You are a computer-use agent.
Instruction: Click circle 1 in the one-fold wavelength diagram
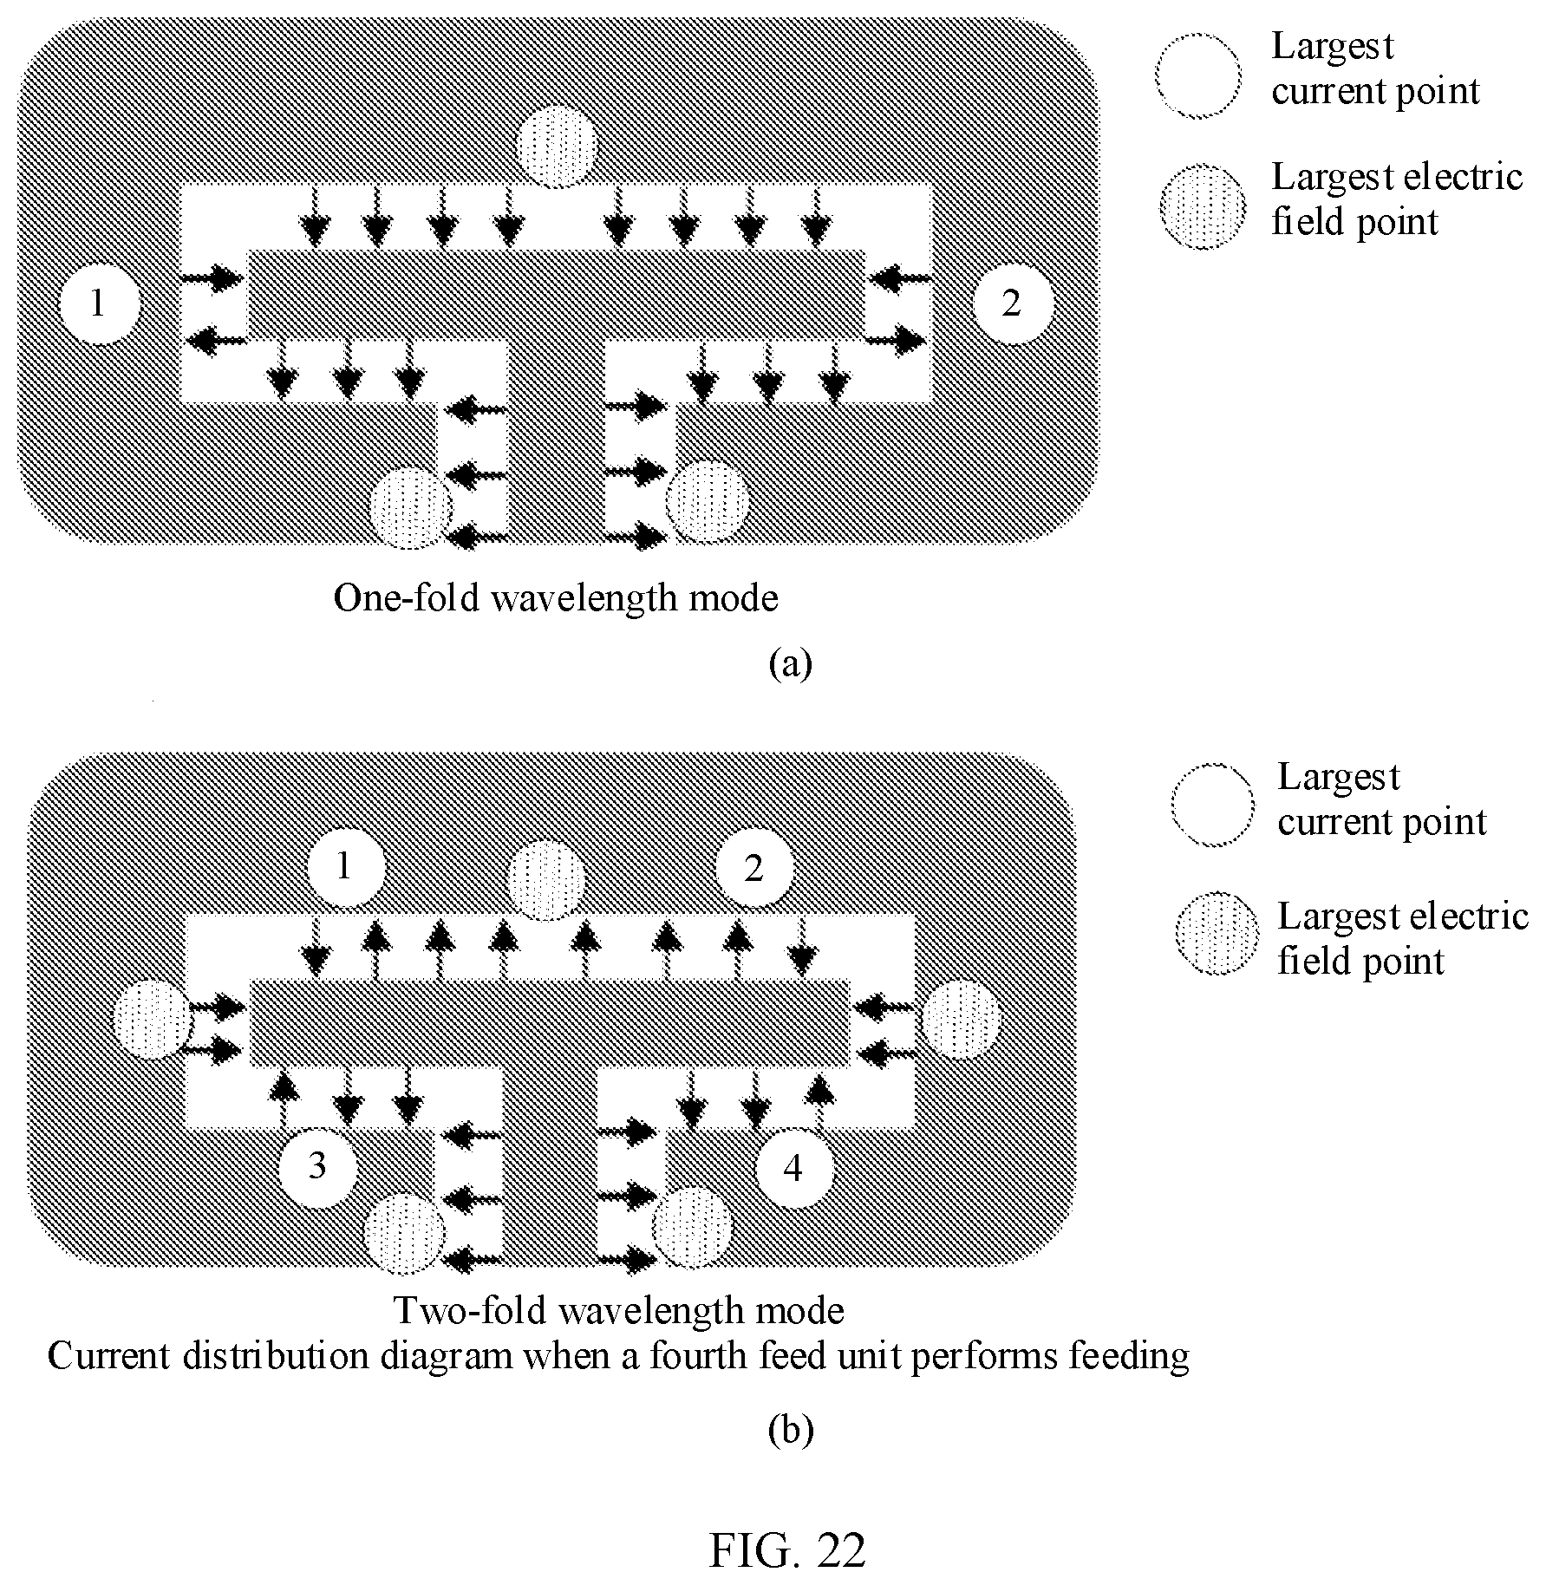coord(99,304)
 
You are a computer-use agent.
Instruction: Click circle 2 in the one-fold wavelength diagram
coord(1012,304)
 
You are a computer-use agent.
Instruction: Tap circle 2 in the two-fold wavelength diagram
coord(754,867)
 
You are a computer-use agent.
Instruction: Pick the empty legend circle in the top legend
coord(1197,75)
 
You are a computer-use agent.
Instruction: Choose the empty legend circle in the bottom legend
coord(1212,805)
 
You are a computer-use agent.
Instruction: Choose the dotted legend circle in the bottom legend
coord(1217,933)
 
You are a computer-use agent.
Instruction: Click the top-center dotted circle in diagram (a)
coord(557,146)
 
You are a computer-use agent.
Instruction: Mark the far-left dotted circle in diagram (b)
coord(153,1019)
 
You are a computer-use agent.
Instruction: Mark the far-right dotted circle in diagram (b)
coord(961,1019)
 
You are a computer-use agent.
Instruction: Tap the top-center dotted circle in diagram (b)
coord(546,880)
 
